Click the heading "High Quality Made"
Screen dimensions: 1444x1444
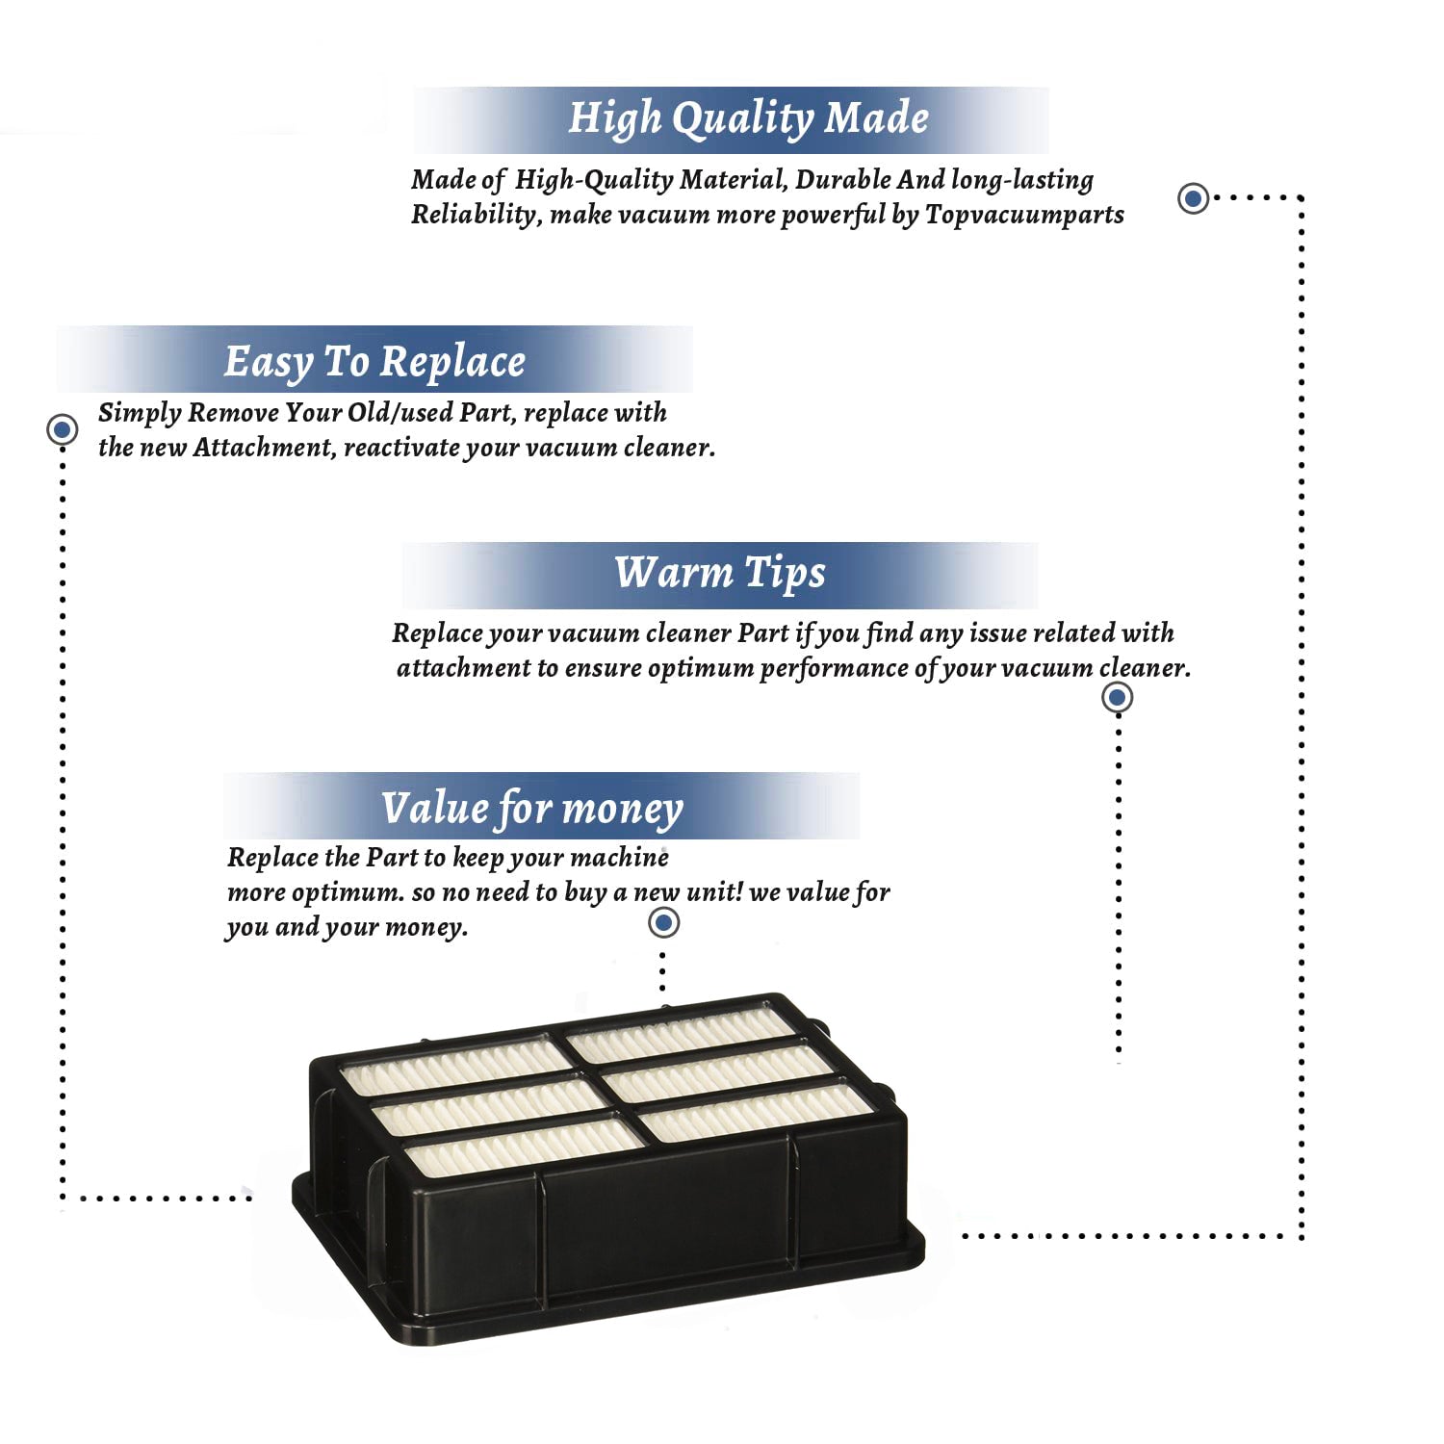748,118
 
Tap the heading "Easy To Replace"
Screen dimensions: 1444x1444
374,362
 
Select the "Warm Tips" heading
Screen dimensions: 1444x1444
720,573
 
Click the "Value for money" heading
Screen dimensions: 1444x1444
531,809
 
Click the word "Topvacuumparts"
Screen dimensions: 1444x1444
1024,215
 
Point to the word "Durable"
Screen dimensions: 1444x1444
843,180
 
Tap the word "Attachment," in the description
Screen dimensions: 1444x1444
264,448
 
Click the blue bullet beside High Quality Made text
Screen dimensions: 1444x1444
1194,198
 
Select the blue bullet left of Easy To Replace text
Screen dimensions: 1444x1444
63,429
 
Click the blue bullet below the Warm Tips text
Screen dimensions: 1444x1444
1117,697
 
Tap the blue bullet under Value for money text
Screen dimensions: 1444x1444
663,922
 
